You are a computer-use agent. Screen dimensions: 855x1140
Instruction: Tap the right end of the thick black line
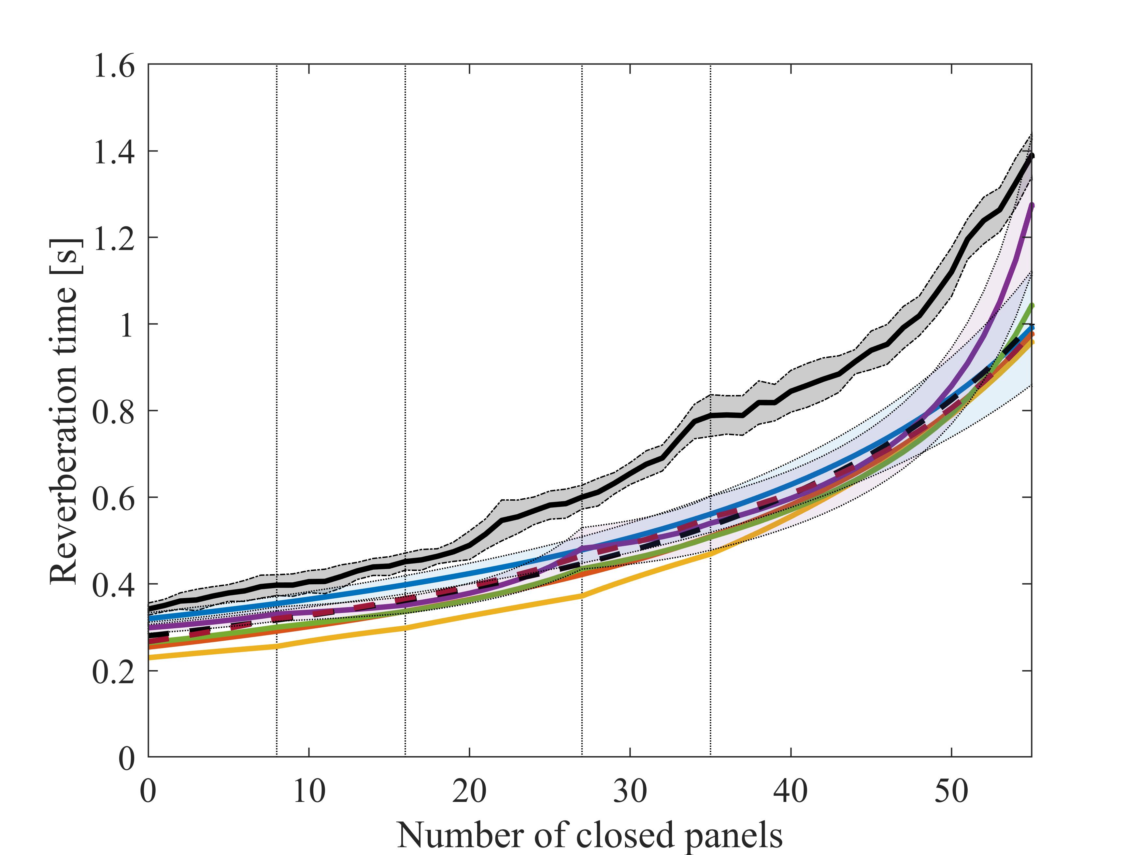[1031, 156]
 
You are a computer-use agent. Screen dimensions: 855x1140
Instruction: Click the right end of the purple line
[1031, 206]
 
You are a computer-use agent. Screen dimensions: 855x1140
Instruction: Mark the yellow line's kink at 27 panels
[582, 596]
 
